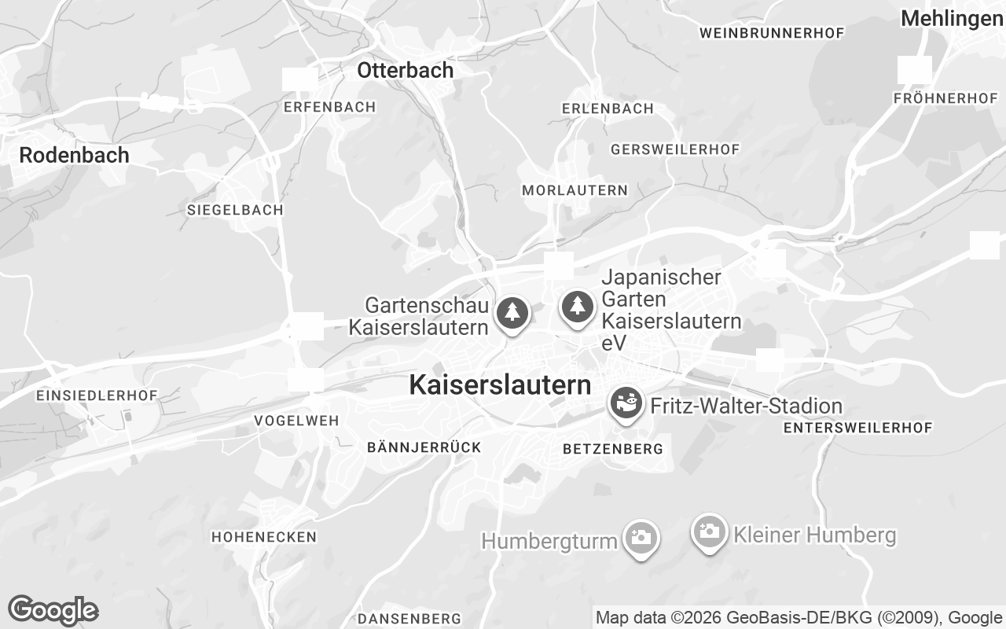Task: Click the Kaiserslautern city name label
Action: pos(500,385)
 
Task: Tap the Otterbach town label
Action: pos(405,70)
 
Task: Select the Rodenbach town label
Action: pos(74,155)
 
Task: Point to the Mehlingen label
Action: pos(952,19)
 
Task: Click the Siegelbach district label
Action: pos(235,211)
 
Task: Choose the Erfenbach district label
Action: pos(330,107)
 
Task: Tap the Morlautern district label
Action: pos(575,190)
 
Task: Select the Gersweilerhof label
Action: pos(675,149)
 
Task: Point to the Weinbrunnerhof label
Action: pos(771,33)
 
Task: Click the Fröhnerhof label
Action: pos(945,98)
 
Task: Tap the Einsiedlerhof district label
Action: pos(97,395)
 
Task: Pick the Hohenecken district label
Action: pos(264,537)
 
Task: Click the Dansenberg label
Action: pos(409,618)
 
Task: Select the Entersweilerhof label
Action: pos(857,428)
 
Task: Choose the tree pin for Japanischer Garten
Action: pos(578,306)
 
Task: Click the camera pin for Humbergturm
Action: pos(641,538)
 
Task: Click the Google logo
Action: pos(53,610)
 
